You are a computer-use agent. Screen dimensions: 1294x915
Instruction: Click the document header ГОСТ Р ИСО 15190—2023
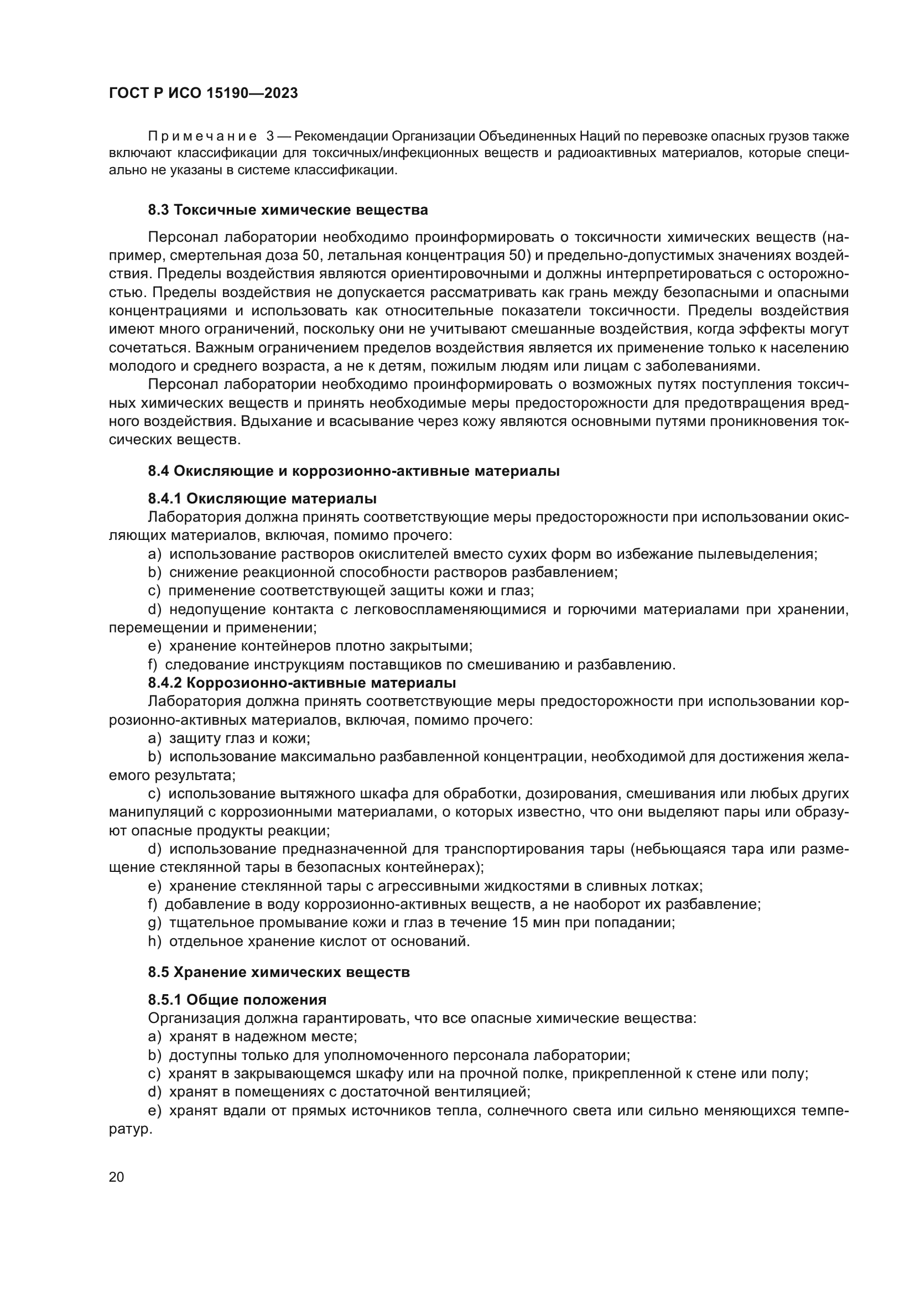[204, 93]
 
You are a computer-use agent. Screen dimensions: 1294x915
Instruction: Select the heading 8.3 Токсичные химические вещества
[288, 210]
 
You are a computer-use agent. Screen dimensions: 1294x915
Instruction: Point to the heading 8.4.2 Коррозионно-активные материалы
[302, 683]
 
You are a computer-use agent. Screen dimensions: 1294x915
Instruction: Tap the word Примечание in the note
[202, 137]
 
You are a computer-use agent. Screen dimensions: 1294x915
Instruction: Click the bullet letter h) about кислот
[154, 941]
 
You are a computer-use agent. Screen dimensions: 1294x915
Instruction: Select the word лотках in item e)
[680, 885]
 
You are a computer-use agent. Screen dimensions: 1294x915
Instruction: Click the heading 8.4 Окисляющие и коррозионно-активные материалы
[354, 471]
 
